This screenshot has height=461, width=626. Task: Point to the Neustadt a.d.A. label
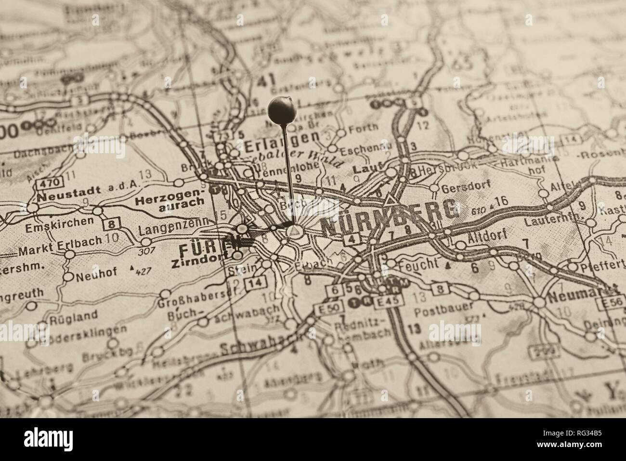tap(87, 196)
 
